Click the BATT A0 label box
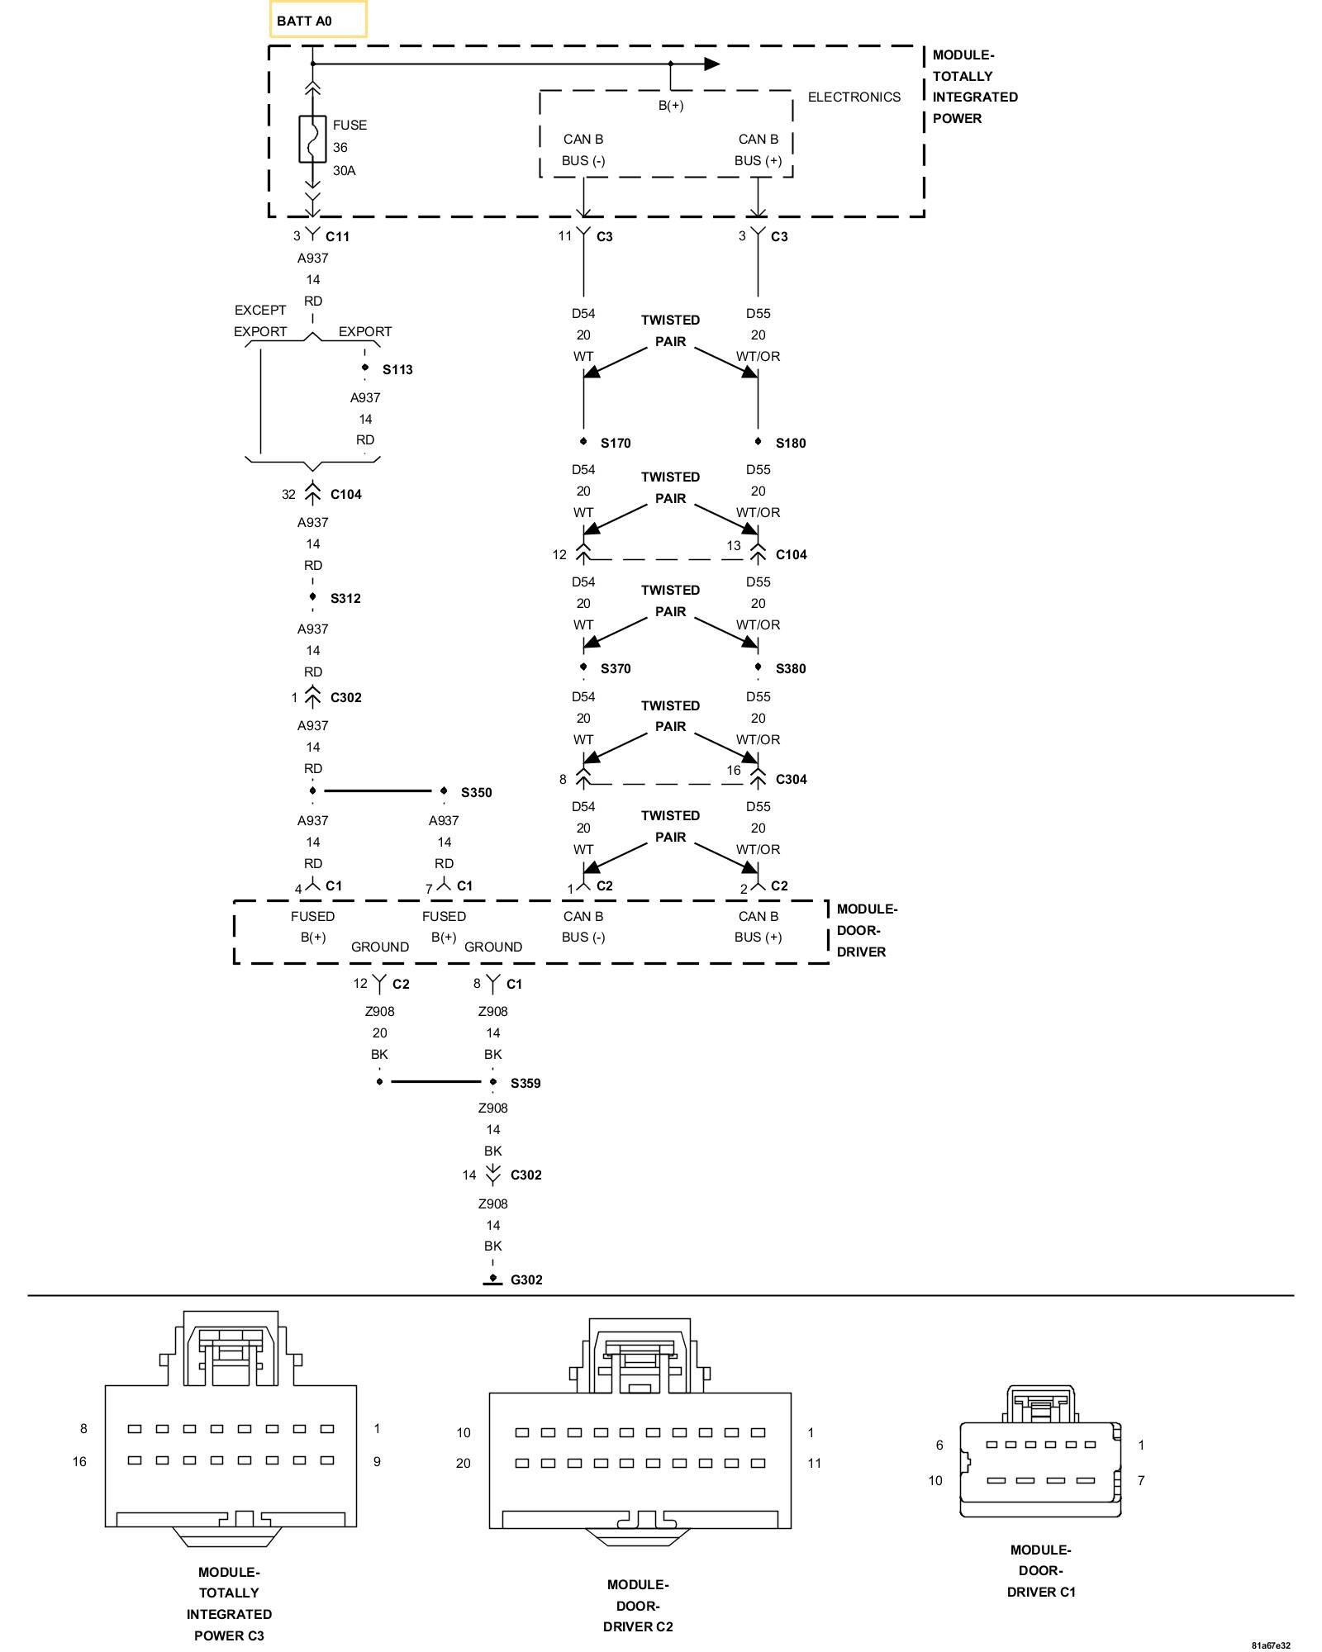pyautogui.click(x=318, y=20)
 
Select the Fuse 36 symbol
pyautogui.click(x=312, y=139)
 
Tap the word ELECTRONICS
pyautogui.click(x=854, y=97)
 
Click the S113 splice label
pyautogui.click(x=397, y=369)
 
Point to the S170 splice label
pyautogui.click(x=616, y=443)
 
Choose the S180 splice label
pyautogui.click(x=791, y=443)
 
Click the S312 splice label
pyautogui.click(x=345, y=598)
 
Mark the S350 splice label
pyautogui.click(x=476, y=792)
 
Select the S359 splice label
pyautogui.click(x=525, y=1083)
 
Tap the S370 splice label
pyautogui.click(x=616, y=668)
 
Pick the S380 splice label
pyautogui.click(x=791, y=668)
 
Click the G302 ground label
pyautogui.click(x=526, y=1279)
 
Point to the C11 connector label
pyautogui.click(x=337, y=236)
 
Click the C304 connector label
pyautogui.click(x=791, y=779)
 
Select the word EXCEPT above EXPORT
pyautogui.click(x=260, y=310)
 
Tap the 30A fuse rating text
pyautogui.click(x=344, y=170)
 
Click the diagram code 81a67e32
pyautogui.click(x=1270, y=1645)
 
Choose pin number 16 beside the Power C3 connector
pyautogui.click(x=79, y=1461)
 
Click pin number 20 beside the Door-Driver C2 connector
pyautogui.click(x=464, y=1463)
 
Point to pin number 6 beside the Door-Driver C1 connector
pyautogui.click(x=939, y=1445)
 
